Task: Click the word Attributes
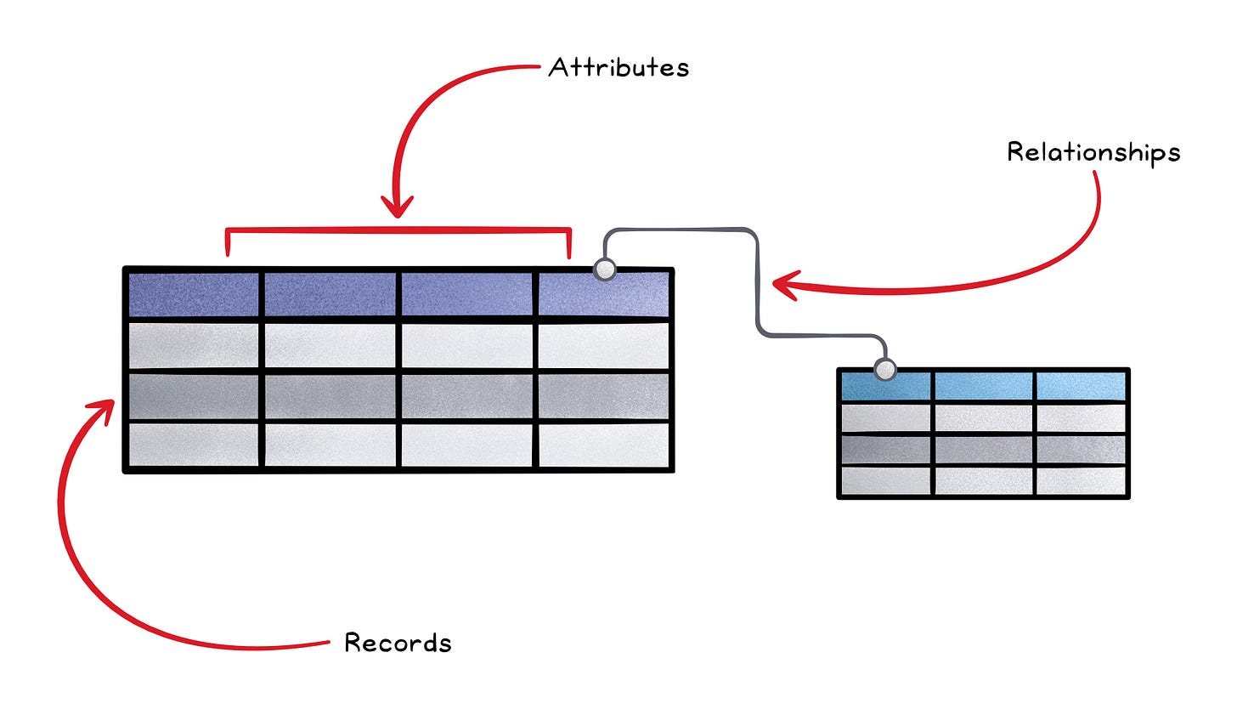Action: point(618,67)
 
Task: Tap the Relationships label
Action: point(1093,152)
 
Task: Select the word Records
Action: point(398,643)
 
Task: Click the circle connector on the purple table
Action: point(604,269)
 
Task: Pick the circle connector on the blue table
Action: point(885,370)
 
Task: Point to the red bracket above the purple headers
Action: point(398,230)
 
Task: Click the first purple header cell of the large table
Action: point(193,294)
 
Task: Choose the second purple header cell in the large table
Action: point(330,294)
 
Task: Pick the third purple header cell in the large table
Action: point(467,294)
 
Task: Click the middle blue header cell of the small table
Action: point(984,387)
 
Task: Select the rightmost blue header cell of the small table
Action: point(1081,387)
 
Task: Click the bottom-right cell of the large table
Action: point(604,445)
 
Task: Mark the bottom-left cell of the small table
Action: point(885,480)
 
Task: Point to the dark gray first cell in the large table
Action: point(193,396)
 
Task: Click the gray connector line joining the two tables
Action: point(755,281)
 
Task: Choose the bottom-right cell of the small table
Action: point(1081,480)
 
